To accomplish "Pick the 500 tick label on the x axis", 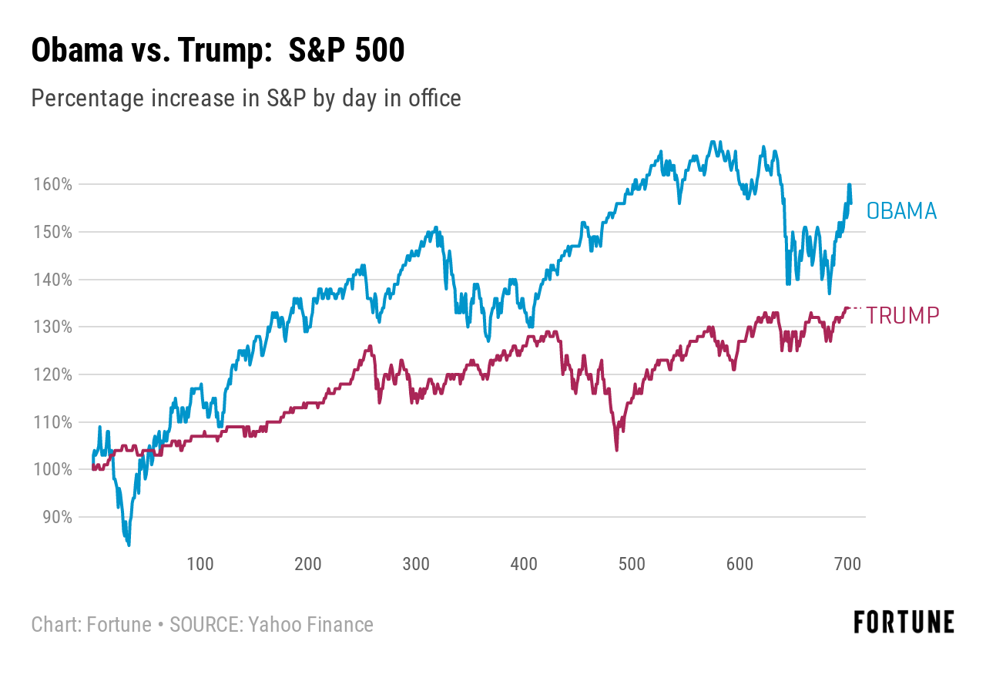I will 632,564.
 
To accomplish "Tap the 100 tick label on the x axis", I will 200,564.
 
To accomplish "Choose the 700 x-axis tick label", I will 847,564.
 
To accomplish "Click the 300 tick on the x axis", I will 416,564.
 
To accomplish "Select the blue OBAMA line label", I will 901,211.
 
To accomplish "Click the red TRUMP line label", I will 902,315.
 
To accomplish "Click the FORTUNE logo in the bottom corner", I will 904,622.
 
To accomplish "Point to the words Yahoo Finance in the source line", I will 310,625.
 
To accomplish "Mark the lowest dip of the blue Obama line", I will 129,545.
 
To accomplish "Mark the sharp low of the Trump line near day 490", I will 617,450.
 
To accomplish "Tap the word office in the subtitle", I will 434,99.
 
